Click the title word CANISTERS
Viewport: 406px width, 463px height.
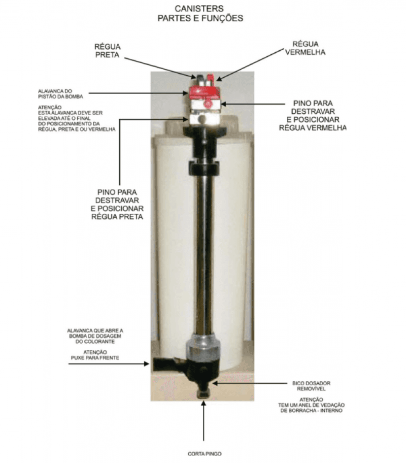pos(199,8)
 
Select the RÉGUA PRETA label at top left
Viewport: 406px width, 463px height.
pos(107,51)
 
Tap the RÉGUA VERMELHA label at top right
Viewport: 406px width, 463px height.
pos(306,48)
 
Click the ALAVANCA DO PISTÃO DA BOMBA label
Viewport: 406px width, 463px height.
pos(60,94)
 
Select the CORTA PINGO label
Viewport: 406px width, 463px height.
pos(205,453)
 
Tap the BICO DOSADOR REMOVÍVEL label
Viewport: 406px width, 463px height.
pos(311,386)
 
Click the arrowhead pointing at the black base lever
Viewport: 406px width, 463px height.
pos(147,364)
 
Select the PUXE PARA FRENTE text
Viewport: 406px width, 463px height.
pos(95,358)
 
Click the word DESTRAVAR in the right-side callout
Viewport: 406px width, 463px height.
pos(313,112)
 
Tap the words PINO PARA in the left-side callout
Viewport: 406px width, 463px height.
pos(117,192)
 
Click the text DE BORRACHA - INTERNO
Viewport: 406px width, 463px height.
pos(311,410)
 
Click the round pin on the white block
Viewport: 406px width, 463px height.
pos(202,120)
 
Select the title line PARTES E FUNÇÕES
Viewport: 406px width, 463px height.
pos(200,18)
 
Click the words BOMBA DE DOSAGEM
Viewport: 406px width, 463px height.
pos(95,336)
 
